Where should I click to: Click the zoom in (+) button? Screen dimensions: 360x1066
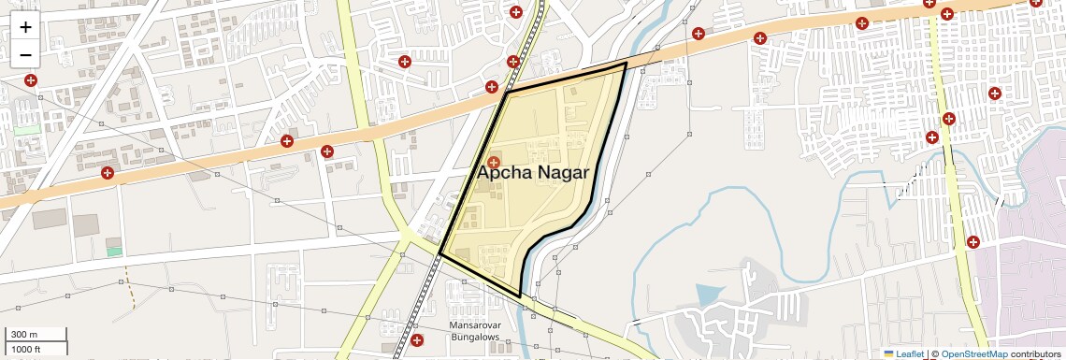(25, 27)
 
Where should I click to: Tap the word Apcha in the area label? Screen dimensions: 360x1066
(506, 173)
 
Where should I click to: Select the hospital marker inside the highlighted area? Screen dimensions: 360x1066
(494, 162)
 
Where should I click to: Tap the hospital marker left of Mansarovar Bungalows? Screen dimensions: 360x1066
(416, 338)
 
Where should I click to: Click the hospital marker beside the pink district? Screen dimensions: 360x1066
(973, 241)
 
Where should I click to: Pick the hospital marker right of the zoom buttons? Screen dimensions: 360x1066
(31, 80)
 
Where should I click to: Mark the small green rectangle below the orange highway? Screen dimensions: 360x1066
(114, 251)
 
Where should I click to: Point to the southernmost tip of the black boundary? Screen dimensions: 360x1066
(520, 297)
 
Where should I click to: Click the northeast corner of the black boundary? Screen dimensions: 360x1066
(625, 63)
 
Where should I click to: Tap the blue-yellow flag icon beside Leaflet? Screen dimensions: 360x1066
(888, 353)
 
